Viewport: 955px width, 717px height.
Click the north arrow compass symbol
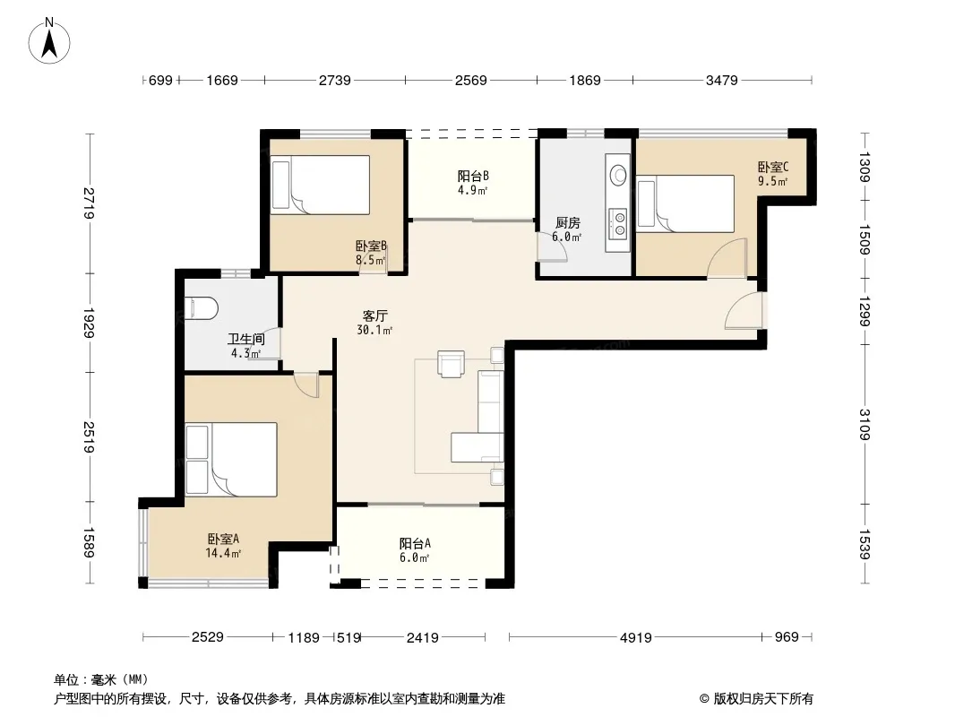[49, 40]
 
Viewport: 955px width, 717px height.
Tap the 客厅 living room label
[374, 316]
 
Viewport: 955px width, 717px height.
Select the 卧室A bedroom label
[223, 540]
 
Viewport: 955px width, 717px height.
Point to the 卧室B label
[371, 246]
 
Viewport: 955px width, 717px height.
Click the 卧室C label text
[773, 167]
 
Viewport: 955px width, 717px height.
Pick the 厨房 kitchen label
[567, 223]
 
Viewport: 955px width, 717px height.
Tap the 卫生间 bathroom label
[246, 339]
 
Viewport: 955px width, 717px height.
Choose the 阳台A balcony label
[416, 543]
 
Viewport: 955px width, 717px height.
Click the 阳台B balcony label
[473, 176]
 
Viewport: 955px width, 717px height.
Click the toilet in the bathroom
[201, 307]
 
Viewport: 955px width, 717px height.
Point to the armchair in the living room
[451, 364]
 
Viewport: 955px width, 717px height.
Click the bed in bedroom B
[321, 185]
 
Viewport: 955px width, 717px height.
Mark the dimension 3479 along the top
[722, 80]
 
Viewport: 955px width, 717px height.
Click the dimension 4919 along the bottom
[636, 637]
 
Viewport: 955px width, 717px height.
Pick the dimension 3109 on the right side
[865, 424]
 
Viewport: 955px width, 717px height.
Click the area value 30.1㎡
[374, 330]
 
